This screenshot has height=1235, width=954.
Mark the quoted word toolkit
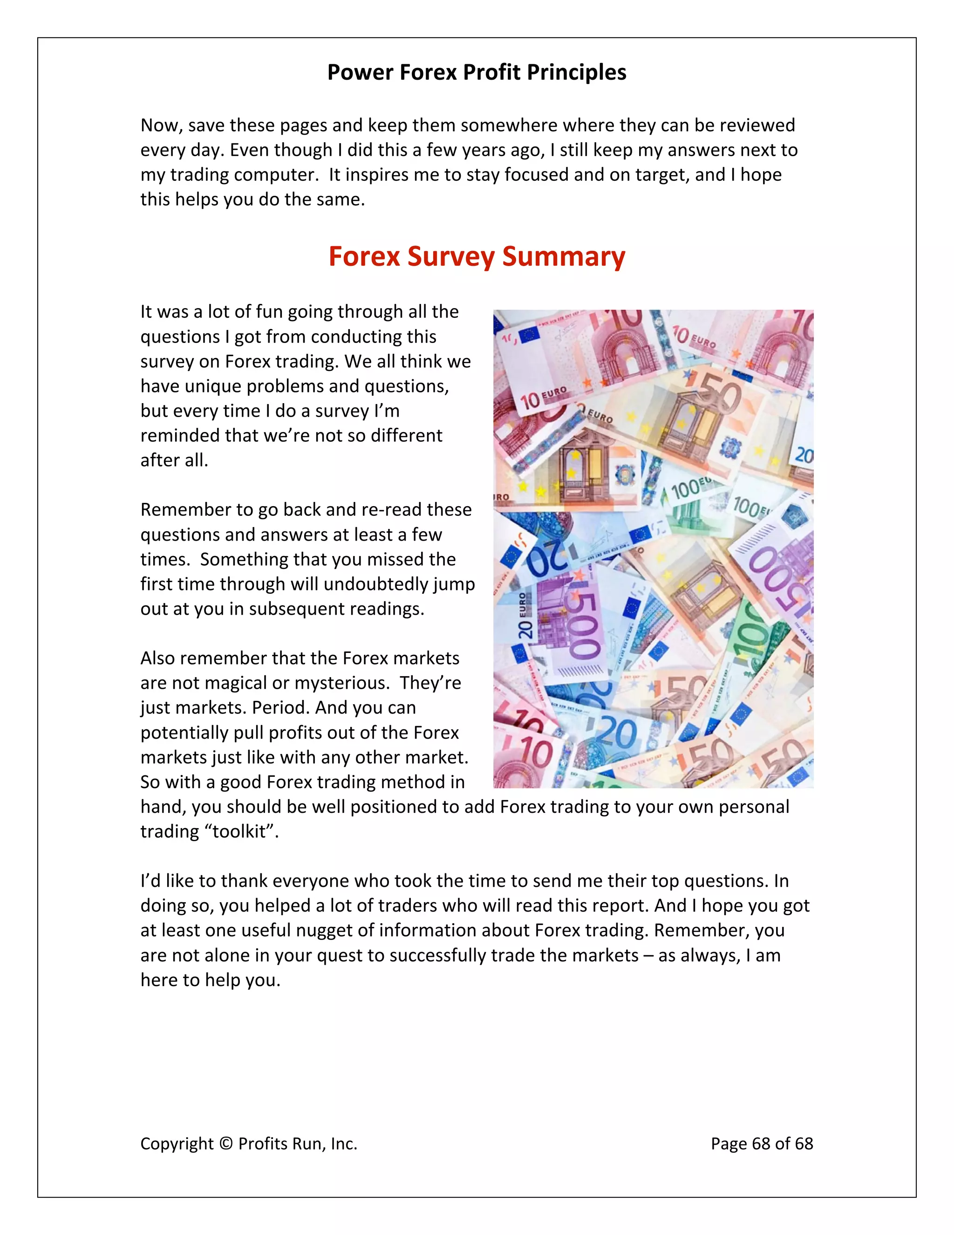(239, 832)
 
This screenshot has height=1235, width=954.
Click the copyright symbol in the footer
(226, 1144)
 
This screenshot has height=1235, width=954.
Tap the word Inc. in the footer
(344, 1144)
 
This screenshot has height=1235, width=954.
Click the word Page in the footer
(729, 1144)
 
